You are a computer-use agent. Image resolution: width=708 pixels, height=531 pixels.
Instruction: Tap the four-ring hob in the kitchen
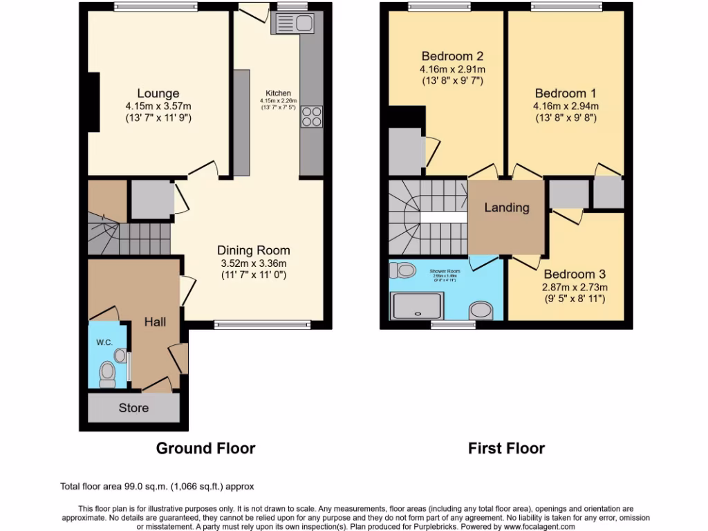click(311, 116)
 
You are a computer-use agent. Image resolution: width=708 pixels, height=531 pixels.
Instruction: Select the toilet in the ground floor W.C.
click(107, 374)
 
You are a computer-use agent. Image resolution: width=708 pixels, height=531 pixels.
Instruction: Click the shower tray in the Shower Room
click(416, 305)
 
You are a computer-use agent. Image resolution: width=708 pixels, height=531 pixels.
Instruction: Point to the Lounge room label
click(158, 93)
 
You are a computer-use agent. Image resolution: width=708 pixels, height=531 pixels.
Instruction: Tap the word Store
click(133, 408)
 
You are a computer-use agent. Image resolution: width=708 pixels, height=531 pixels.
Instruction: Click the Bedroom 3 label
click(569, 274)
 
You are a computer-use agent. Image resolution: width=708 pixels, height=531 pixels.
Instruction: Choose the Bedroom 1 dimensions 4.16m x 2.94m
click(566, 106)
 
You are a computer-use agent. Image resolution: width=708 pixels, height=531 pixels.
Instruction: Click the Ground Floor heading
click(205, 448)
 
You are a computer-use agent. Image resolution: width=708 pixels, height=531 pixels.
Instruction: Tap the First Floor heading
click(506, 448)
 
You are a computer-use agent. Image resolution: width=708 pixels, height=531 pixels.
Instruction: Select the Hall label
click(155, 322)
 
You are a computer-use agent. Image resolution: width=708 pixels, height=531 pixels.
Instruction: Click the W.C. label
click(103, 342)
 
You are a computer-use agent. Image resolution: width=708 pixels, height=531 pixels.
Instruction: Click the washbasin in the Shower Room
click(481, 310)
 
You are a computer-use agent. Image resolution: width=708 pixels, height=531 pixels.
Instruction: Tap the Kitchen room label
click(279, 93)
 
